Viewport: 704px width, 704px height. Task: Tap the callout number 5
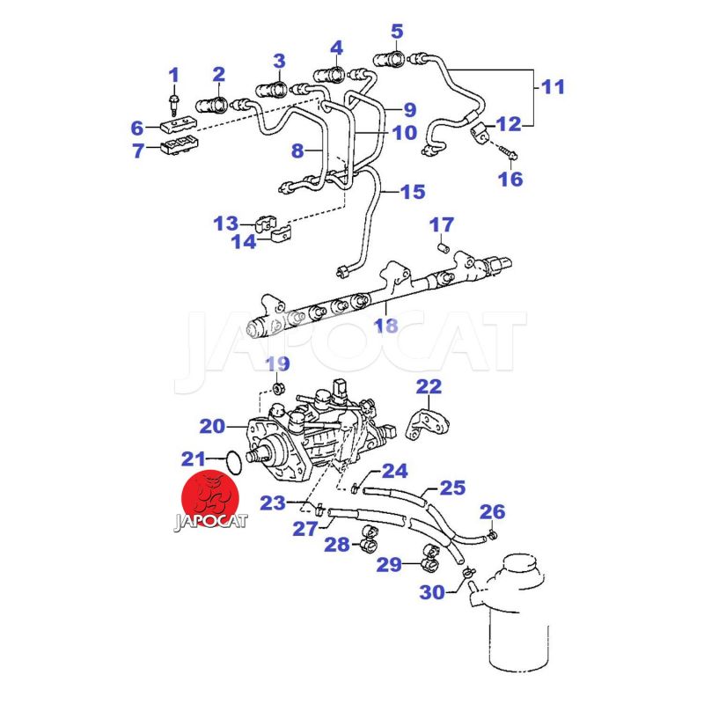coord(397,33)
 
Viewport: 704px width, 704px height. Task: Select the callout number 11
coord(552,87)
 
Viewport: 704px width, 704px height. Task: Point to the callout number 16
coord(510,179)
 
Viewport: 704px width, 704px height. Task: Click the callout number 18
coord(386,326)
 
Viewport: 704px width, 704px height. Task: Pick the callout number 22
coord(429,385)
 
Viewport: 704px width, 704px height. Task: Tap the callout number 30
coord(432,592)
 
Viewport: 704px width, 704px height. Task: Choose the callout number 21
coord(194,458)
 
